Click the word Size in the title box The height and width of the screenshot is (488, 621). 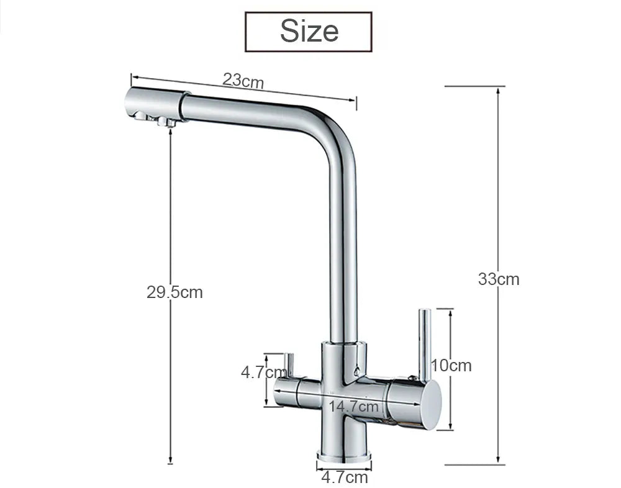coord(309,30)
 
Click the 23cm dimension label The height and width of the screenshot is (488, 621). coord(243,81)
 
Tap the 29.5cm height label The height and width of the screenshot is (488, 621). coord(175,292)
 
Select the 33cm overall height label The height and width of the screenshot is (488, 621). coord(499,279)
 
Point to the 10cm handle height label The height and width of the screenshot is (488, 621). coord(451,365)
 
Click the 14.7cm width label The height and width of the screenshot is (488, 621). coord(353,407)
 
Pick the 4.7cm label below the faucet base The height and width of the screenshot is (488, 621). coord(344,477)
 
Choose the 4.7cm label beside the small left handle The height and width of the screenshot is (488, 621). coord(263,373)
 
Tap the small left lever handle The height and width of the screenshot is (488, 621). coord(288,366)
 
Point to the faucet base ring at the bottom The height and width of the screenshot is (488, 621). coord(344,456)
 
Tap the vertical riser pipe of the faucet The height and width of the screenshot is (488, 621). coord(343,248)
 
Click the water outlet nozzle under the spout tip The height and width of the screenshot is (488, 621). coord(166,122)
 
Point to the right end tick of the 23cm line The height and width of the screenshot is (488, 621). coord(356,102)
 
